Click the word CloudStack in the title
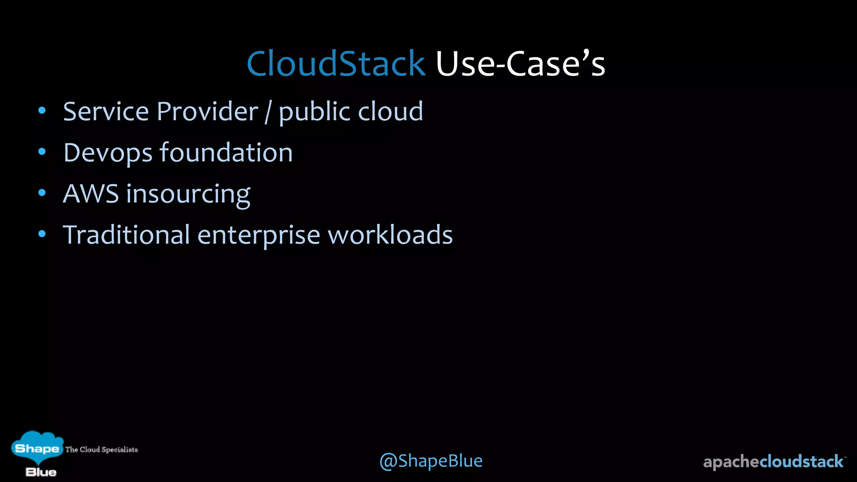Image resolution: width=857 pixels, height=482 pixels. [x=336, y=64]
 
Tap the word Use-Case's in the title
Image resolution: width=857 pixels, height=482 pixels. [x=520, y=64]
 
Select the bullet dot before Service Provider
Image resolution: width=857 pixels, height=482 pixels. [x=42, y=111]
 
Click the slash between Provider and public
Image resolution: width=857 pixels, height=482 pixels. [x=268, y=112]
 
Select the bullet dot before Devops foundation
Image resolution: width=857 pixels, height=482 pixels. [x=42, y=152]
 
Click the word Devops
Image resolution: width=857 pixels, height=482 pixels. [x=108, y=153]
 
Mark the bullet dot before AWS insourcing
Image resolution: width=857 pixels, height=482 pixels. [x=42, y=193]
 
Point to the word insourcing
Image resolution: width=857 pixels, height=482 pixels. [x=188, y=195]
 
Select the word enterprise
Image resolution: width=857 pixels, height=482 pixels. [x=259, y=236]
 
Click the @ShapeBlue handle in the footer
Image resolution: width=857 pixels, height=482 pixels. [x=431, y=461]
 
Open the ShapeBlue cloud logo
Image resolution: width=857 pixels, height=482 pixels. [x=38, y=453]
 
